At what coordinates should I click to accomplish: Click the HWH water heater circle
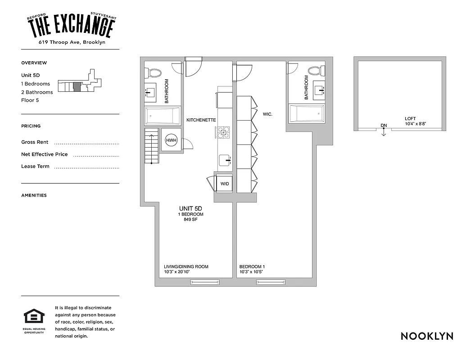click(x=171, y=140)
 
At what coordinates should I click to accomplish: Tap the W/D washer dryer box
click(x=224, y=184)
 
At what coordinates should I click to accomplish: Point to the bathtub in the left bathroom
click(x=163, y=117)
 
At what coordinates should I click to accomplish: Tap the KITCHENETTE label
click(x=201, y=120)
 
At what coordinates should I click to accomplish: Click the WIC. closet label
click(x=268, y=114)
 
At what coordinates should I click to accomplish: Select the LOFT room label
click(x=410, y=119)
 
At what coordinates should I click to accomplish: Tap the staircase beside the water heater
click(x=152, y=146)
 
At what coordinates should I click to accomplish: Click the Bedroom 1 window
click(x=270, y=282)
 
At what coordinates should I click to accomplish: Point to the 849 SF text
click(x=190, y=219)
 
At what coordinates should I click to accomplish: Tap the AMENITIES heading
click(x=34, y=195)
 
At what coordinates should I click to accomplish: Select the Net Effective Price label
click(x=45, y=154)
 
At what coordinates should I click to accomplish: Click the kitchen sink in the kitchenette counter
click(x=224, y=160)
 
